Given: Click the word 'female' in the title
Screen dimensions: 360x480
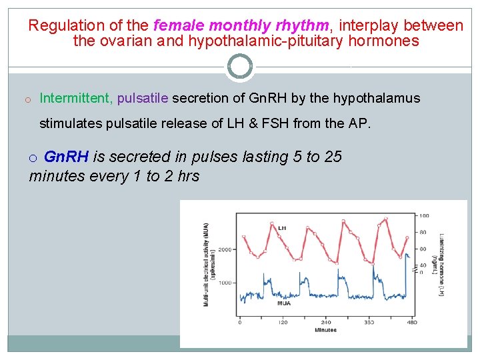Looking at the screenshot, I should pos(179,26).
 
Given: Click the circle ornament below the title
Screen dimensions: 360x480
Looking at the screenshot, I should pos(240,66).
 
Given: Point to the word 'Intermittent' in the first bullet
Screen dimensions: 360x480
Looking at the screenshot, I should pos(76,99).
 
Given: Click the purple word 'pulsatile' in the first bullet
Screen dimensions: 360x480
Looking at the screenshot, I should pos(143,99).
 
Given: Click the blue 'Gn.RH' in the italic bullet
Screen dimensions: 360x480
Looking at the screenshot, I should pos(66,157).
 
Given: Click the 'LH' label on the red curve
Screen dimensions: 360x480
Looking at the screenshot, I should pos(282,227).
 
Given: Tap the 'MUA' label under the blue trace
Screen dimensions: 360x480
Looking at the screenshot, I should pos(283,303).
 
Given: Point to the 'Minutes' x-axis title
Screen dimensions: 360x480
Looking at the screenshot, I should pos(325,329).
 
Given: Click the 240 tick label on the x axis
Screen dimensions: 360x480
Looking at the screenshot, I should pos(326,322).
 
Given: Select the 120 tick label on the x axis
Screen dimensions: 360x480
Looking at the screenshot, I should pos(283,322).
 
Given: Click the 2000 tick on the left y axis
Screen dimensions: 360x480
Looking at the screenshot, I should pos(224,249).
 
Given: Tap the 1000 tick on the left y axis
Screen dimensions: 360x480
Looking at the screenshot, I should pos(224,283).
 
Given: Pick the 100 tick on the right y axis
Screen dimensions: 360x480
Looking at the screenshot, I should pos(424,215).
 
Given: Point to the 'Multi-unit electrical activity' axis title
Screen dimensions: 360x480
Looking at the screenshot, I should pos(206,264).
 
